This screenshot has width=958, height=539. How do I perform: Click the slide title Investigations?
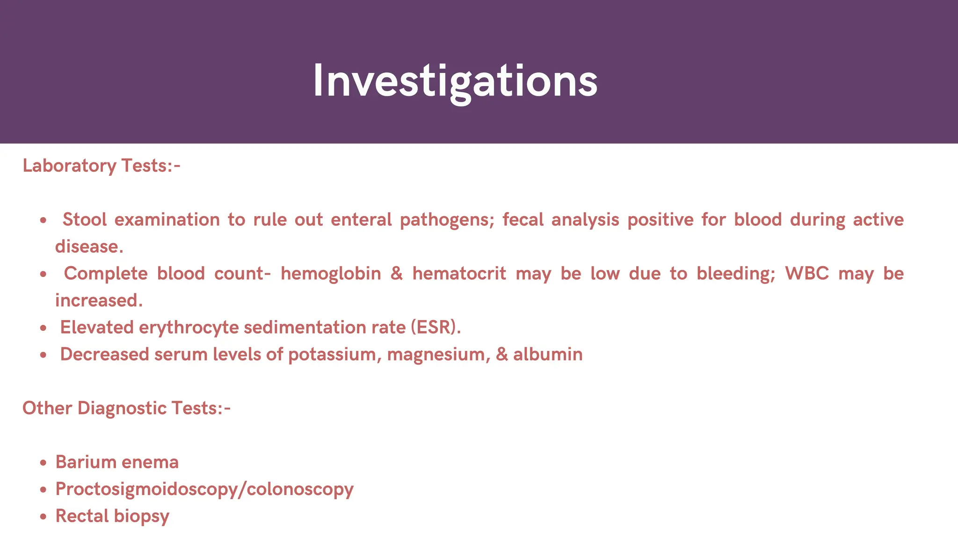click(x=455, y=81)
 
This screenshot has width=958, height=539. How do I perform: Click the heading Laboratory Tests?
click(x=101, y=166)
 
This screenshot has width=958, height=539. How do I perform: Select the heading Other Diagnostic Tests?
click(x=126, y=408)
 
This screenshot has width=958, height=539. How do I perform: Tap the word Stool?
click(x=85, y=220)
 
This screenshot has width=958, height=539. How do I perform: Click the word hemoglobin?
click(x=331, y=274)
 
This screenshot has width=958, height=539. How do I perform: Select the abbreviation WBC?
click(x=806, y=274)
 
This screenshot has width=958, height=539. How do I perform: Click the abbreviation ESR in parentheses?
click(x=433, y=328)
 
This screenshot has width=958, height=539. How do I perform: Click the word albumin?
click(x=548, y=355)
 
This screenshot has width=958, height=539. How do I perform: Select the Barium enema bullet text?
click(x=117, y=462)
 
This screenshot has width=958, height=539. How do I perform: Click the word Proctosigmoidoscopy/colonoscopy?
click(x=204, y=489)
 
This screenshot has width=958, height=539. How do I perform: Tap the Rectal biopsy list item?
click(x=112, y=516)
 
